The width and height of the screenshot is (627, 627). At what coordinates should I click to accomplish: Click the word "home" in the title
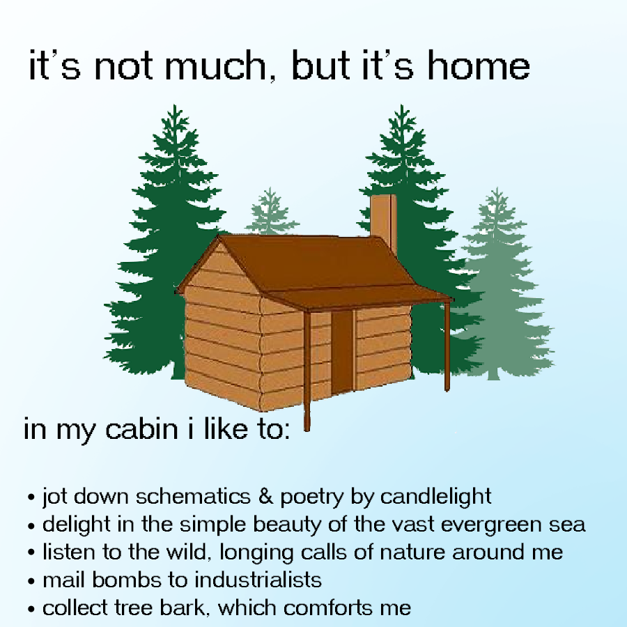click(479, 65)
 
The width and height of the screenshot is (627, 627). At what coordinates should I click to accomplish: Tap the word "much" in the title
click(215, 65)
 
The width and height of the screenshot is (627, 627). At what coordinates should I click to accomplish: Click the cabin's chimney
click(383, 222)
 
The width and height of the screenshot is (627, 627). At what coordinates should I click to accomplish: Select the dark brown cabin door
click(342, 352)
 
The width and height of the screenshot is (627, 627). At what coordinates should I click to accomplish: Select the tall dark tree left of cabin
click(168, 240)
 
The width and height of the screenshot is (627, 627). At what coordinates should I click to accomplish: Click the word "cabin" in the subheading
click(141, 428)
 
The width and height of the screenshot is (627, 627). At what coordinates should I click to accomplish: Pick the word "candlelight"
click(435, 497)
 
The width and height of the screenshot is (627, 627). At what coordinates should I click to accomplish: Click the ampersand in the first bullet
click(265, 496)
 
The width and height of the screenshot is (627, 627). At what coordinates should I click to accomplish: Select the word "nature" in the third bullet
click(412, 552)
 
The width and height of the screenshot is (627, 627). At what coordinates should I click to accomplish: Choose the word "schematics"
click(193, 497)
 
